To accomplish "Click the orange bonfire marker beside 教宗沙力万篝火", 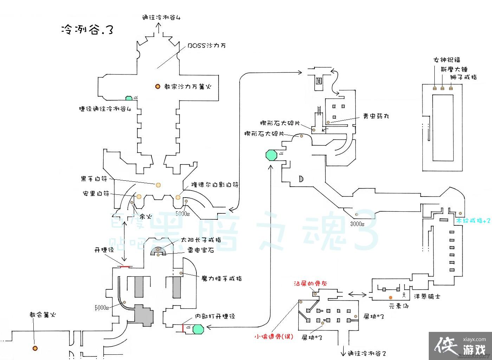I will point(158,86).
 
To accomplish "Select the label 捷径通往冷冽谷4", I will point(105,109).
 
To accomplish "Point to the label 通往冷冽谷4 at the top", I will point(161,18).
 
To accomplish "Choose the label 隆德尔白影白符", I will point(215,185).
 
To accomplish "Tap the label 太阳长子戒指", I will point(201,240).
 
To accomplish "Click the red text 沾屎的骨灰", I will point(311,283).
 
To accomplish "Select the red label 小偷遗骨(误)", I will point(274,337).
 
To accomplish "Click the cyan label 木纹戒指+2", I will point(473,221).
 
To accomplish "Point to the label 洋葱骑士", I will point(427,296).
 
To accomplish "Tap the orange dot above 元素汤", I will point(390,297).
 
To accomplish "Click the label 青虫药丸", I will point(376,116).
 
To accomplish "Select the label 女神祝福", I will point(447,60).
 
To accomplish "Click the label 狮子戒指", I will point(463,77).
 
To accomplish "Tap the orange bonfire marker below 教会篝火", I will point(35,348).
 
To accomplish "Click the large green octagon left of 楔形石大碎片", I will point(271,155).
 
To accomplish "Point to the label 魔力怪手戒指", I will point(221,278).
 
